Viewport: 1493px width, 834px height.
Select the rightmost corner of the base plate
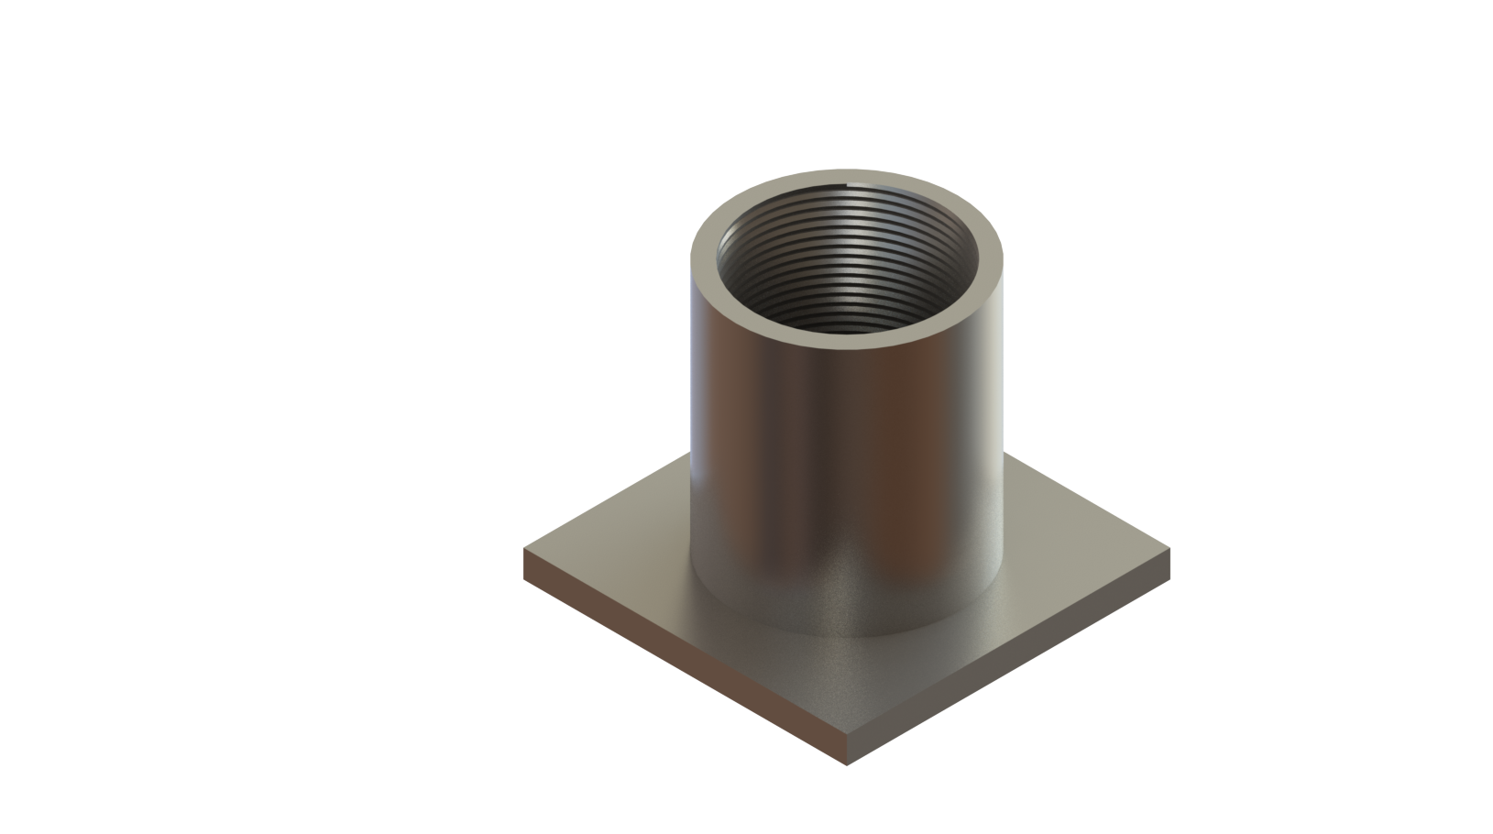click(x=1170, y=552)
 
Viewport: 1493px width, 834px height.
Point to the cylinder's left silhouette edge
click(x=690, y=412)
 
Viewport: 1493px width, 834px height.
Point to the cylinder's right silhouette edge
click(x=1008, y=412)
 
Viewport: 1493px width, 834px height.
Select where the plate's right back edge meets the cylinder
click(x=1008, y=455)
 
